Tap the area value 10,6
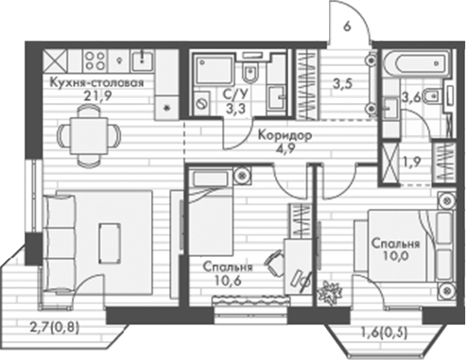(227, 280)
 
